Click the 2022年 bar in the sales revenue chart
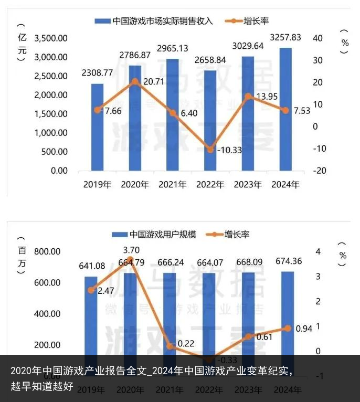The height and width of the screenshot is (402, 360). point(210,120)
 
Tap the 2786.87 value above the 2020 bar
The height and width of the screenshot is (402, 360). point(135,55)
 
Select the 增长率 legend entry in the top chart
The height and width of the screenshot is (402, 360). point(256,21)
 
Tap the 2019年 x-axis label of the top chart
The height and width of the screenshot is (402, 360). point(97,185)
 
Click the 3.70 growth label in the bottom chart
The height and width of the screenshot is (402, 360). point(131,250)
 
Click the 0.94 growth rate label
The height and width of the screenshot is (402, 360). point(303,329)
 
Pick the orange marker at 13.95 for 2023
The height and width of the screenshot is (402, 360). point(248,96)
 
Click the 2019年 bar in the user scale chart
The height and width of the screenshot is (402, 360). point(91,315)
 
